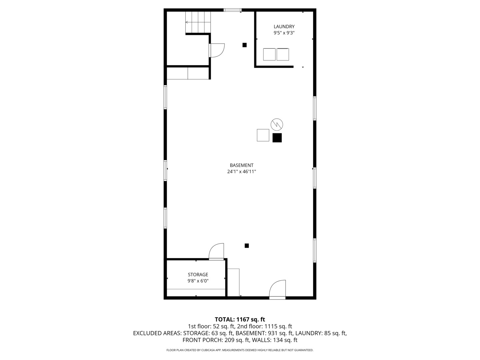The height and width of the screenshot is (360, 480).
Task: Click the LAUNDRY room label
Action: pos(284,27)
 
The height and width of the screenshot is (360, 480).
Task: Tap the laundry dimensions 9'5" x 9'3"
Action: pos(284,33)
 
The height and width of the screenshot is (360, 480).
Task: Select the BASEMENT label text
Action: pos(241,165)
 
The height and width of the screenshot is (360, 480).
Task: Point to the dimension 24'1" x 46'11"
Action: pos(241,172)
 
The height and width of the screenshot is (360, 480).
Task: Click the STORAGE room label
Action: pos(198,275)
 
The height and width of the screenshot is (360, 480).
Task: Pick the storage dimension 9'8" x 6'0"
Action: pos(198,281)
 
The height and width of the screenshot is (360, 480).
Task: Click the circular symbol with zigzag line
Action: pos(277,124)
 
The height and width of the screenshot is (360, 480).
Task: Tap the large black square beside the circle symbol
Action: pos(277,138)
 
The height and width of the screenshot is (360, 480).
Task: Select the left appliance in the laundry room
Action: pos(269,54)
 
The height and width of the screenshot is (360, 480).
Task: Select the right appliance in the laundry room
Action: pos(283,54)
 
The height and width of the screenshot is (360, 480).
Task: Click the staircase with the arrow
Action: pos(198,22)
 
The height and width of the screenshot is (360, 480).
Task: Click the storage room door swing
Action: pos(217,252)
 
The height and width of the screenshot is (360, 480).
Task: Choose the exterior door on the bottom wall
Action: pos(278,289)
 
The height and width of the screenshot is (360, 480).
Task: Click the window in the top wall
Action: pos(232,10)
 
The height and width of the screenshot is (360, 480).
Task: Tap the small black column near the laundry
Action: pos(244,45)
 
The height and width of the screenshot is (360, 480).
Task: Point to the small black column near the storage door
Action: pos(247,246)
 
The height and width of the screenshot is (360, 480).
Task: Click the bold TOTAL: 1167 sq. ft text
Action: pos(240,320)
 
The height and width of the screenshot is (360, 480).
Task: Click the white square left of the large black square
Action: pos(263,135)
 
